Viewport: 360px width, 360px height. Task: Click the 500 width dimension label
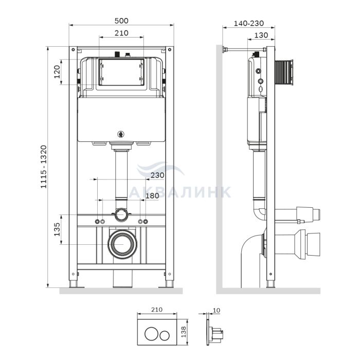pos(121,21)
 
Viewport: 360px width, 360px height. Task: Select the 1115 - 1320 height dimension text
pos(44,167)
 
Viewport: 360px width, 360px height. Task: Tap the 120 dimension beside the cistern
pos(57,72)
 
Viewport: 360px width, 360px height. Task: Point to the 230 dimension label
pos(157,175)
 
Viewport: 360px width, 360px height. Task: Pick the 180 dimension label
pos(152,195)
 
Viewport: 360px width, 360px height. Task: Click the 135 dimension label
pos(57,229)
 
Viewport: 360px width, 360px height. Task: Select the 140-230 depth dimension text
pos(249,23)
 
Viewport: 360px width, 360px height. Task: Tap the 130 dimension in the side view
pos(261,35)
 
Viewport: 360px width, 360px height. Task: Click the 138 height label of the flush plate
pos(184,332)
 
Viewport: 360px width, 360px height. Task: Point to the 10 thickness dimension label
pos(217,311)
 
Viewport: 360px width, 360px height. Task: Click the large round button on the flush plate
pos(151,333)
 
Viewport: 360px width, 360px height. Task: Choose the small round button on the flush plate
pos(165,335)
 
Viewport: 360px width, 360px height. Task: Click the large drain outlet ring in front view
pos(122,244)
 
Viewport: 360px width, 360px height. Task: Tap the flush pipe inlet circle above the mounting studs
pos(121,214)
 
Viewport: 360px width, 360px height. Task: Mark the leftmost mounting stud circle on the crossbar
pos(97,222)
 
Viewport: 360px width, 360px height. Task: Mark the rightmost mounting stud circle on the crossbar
pos(146,222)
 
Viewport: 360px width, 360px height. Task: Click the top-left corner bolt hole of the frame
pos(73,49)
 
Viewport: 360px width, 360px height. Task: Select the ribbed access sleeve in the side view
pos(284,73)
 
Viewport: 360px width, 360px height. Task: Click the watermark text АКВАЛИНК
pos(180,192)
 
